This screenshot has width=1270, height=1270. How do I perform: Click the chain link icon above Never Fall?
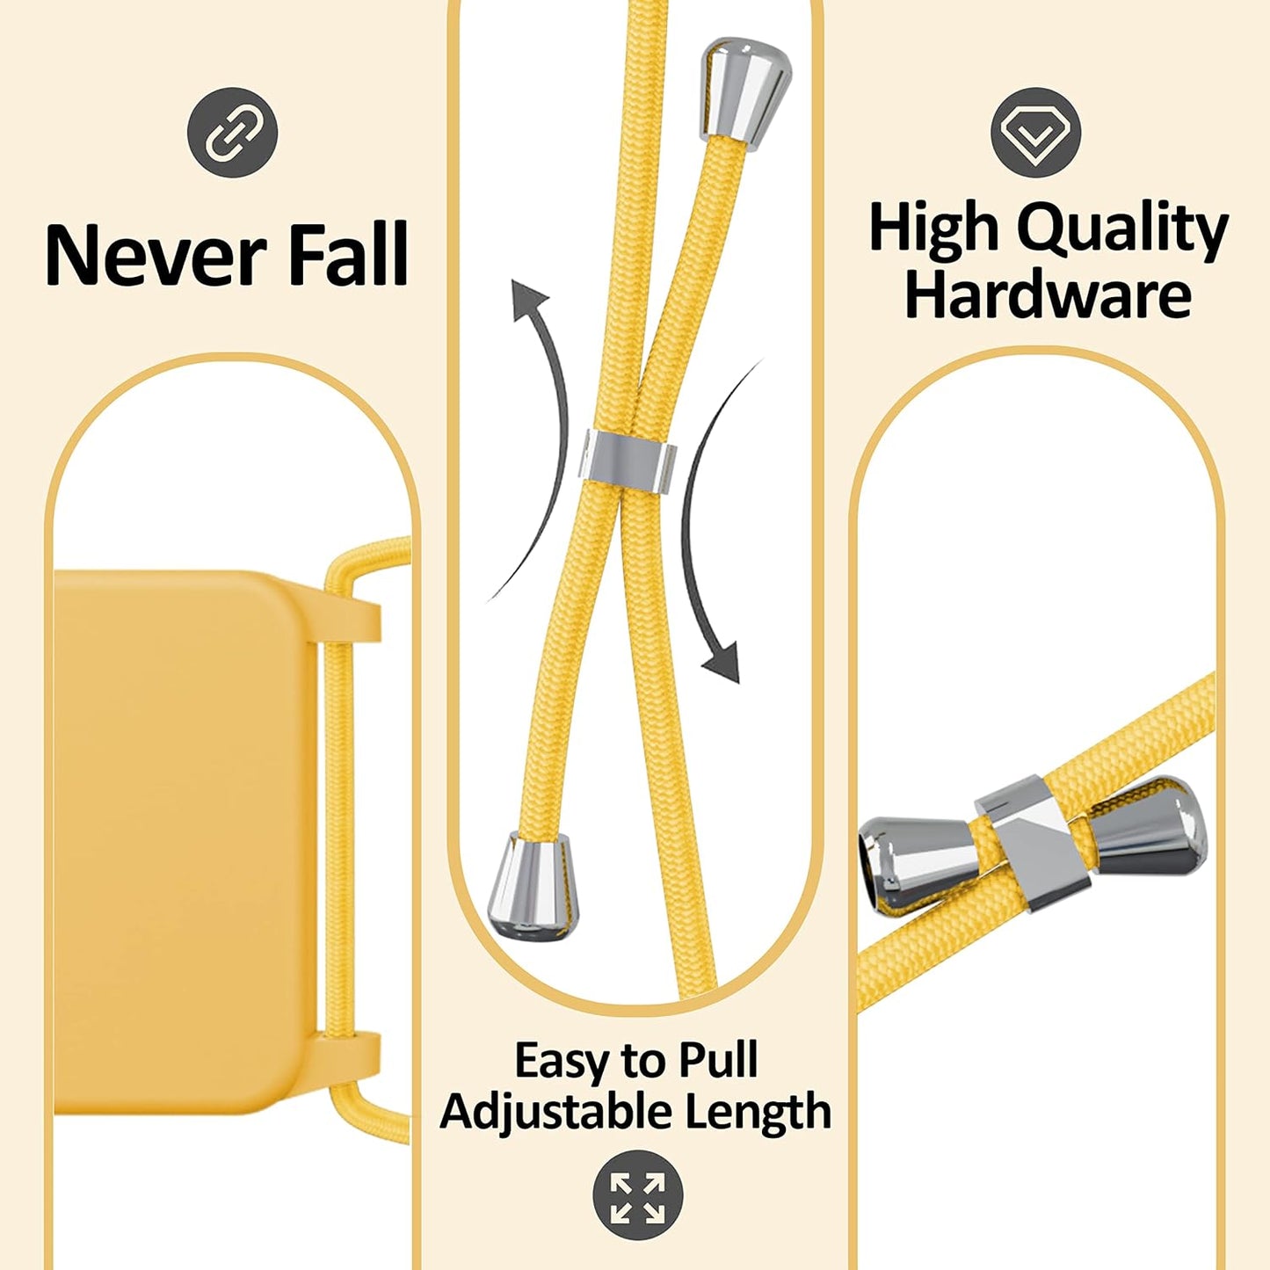click(233, 133)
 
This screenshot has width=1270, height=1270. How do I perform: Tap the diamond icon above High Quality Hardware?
click(1035, 133)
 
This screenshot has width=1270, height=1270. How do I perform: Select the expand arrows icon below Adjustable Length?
click(637, 1194)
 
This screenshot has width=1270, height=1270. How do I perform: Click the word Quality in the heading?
click(1122, 229)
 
